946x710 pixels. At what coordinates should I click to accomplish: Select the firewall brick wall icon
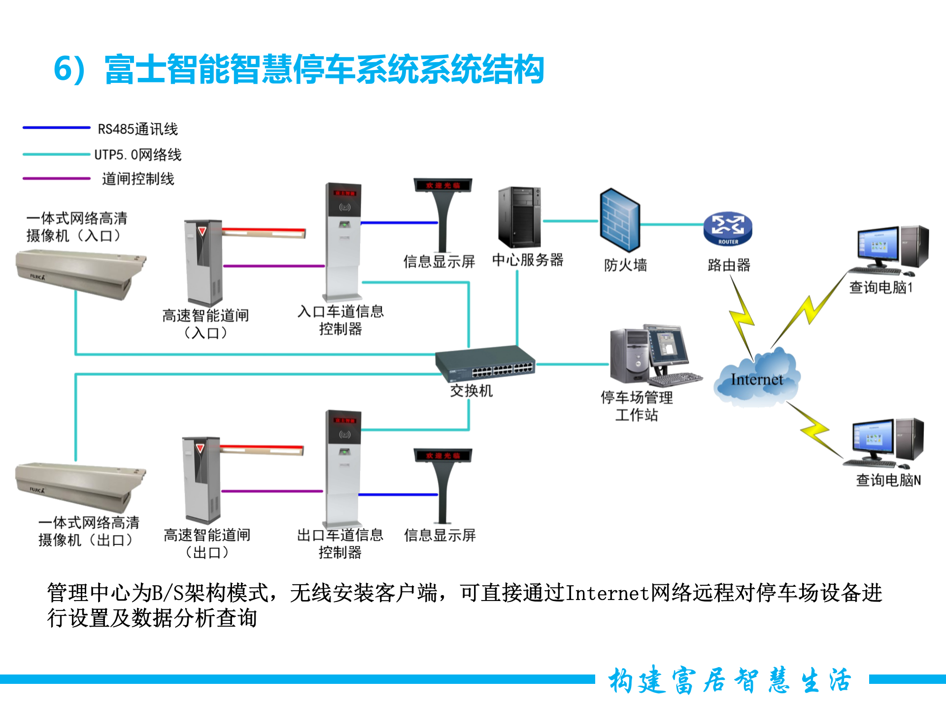click(x=619, y=220)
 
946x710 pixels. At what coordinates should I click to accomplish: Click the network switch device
click(x=485, y=364)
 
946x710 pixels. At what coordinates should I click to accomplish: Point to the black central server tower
click(x=519, y=217)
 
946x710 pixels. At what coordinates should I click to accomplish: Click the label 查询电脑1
click(x=881, y=287)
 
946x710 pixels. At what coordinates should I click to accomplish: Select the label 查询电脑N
click(x=888, y=480)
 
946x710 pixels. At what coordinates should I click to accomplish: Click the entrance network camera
click(x=79, y=273)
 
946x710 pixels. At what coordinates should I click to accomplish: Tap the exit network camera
click(x=79, y=486)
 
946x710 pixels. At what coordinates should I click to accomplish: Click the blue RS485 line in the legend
click(x=56, y=128)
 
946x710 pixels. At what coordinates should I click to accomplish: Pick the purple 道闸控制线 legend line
click(x=56, y=178)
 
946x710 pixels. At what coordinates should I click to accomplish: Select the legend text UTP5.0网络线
click(x=138, y=155)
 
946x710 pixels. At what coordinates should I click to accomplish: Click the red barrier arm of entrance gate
click(x=264, y=232)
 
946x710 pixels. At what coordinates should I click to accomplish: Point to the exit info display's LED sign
click(x=442, y=455)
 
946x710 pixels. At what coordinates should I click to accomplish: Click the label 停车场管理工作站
click(x=637, y=406)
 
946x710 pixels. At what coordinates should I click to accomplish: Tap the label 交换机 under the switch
click(x=471, y=391)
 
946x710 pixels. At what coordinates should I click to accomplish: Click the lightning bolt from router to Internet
click(x=742, y=318)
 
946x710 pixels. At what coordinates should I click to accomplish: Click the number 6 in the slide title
click(x=63, y=69)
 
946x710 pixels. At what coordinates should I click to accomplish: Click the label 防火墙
click(x=625, y=265)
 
